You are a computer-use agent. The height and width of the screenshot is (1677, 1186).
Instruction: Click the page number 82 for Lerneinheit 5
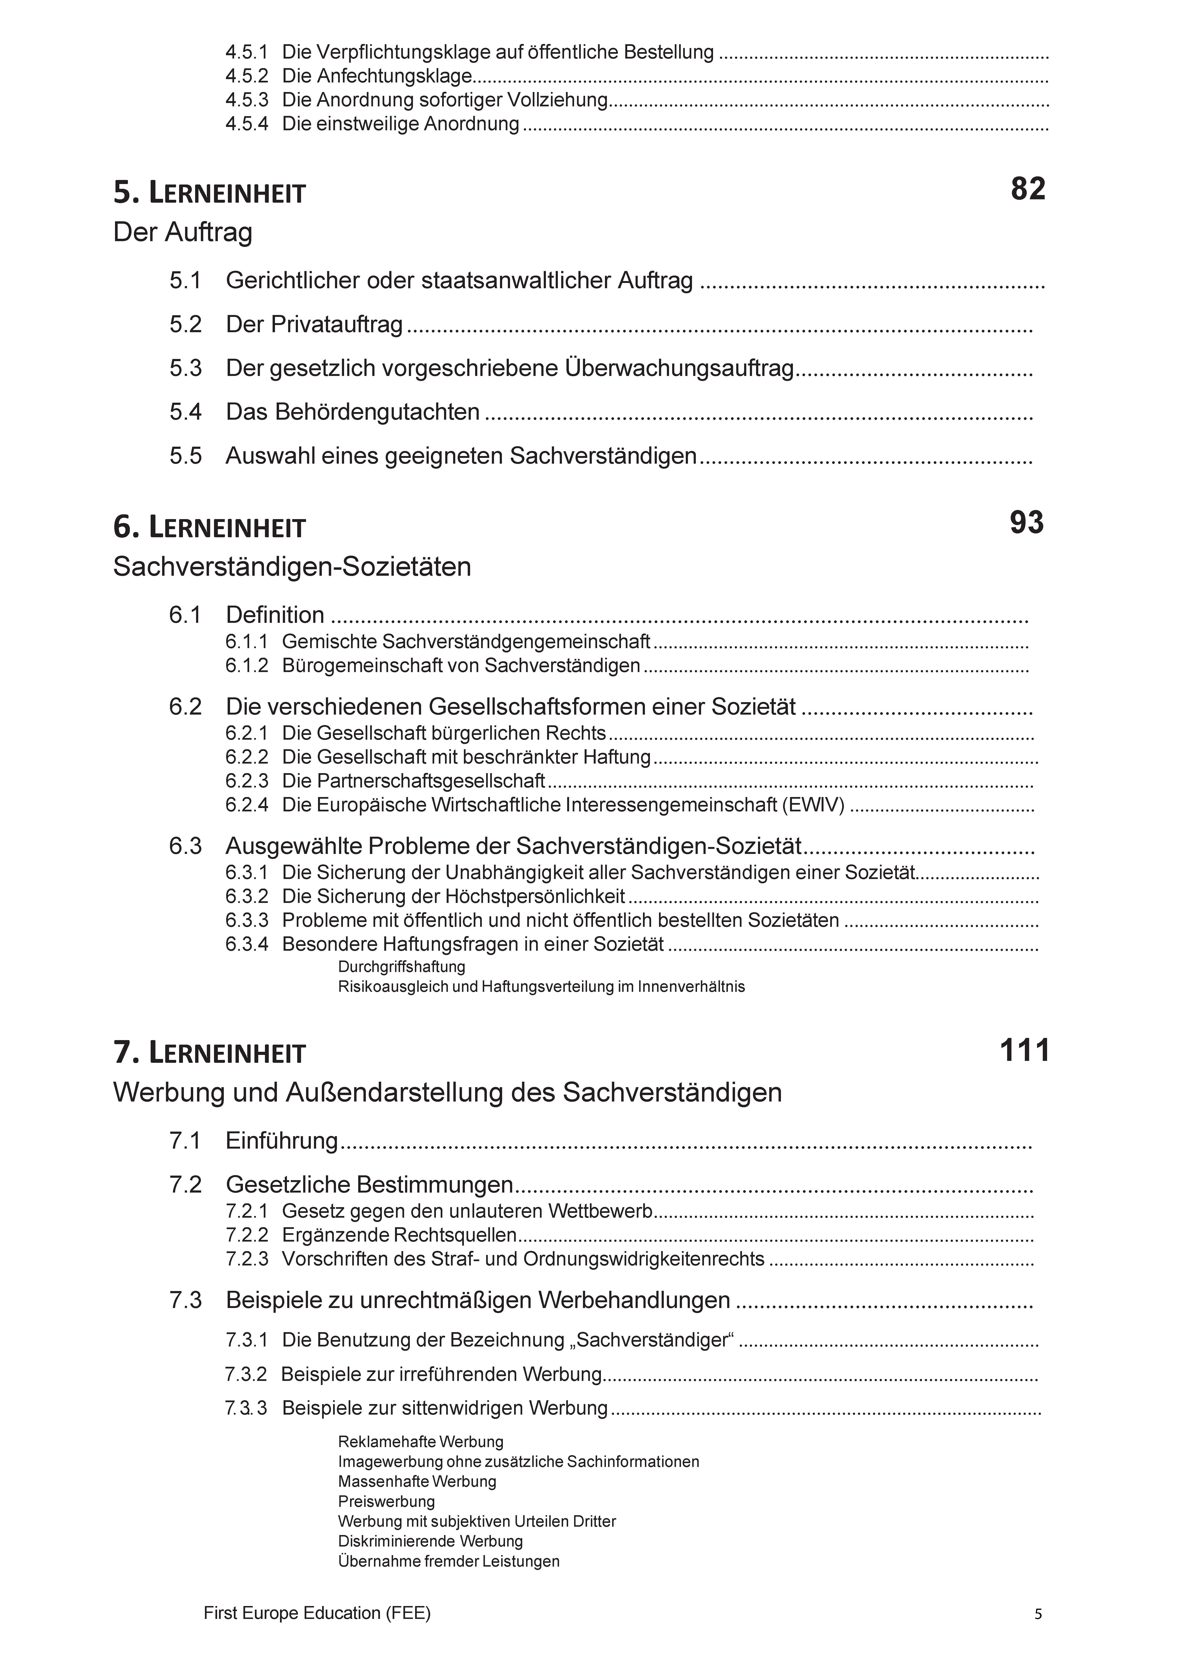(1028, 189)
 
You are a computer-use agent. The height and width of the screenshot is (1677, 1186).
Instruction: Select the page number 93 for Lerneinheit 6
(1027, 523)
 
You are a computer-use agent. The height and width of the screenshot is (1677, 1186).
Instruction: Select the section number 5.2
(186, 324)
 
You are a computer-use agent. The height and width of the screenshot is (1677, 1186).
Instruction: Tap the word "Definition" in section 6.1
(275, 615)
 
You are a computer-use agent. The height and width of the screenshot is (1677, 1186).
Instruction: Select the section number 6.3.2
(246, 896)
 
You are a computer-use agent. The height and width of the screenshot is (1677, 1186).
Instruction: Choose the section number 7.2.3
(246, 1259)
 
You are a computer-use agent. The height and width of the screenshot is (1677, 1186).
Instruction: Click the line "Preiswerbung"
(386, 1502)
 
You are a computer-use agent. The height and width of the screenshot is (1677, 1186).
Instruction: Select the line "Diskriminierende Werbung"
(430, 1541)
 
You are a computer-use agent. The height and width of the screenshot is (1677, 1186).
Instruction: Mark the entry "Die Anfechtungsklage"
(377, 76)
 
